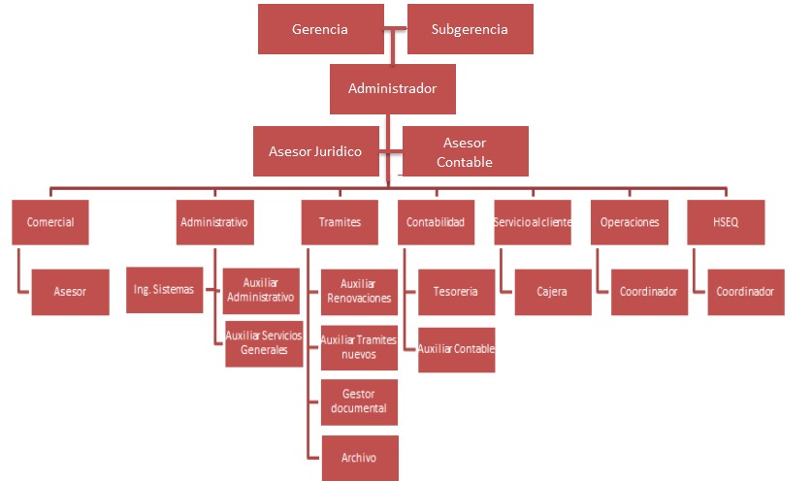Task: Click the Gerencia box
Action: tap(319, 29)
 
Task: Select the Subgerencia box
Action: tap(470, 29)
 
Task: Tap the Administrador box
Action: tap(392, 88)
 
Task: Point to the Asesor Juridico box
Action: tap(315, 151)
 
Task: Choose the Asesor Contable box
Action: tap(465, 151)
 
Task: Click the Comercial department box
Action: tap(50, 222)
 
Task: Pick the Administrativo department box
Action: tap(214, 222)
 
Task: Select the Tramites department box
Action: tap(340, 222)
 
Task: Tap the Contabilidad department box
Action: tap(436, 222)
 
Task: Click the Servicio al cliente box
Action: tap(533, 222)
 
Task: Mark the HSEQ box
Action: tap(726, 222)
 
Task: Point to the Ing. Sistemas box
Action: tap(164, 288)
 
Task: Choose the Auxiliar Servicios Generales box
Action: tap(264, 342)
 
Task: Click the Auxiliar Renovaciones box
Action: tap(359, 291)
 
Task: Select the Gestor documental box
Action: tap(359, 401)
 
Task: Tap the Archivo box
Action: tap(359, 457)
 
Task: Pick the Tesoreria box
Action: tap(456, 291)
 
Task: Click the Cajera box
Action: tap(552, 291)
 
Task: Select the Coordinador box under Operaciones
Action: tap(649, 291)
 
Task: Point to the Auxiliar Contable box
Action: tap(456, 348)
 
